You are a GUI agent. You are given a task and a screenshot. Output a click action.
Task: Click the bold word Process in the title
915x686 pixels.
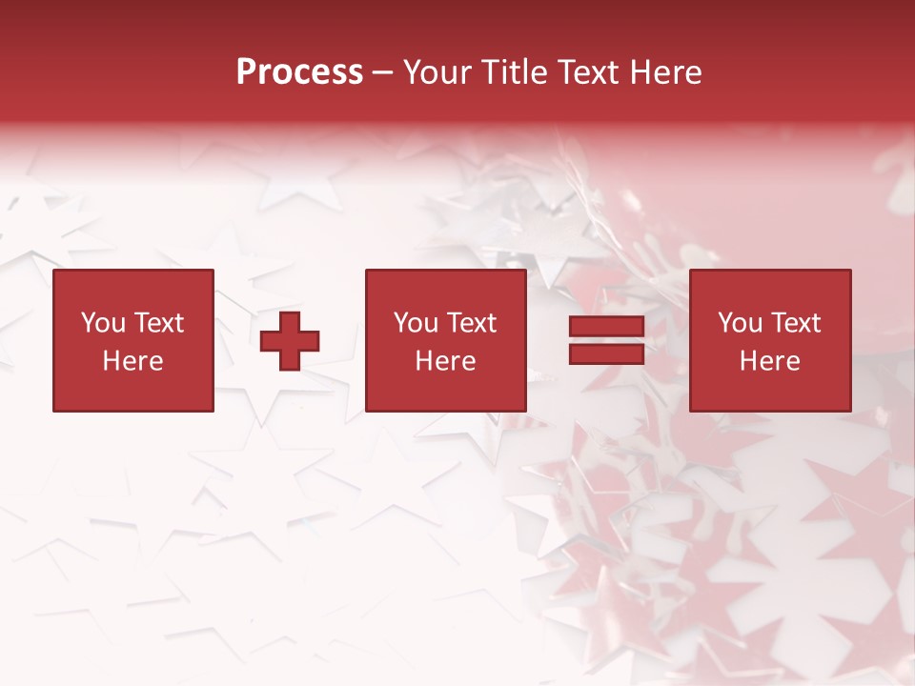coord(299,72)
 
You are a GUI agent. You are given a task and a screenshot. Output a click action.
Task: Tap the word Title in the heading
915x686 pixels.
coord(518,72)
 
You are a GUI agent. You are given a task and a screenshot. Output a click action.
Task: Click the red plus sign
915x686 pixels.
coord(290,341)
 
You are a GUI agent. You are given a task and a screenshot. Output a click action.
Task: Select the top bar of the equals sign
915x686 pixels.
coord(606,327)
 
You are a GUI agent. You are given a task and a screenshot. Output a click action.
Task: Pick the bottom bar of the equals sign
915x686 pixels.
coord(606,353)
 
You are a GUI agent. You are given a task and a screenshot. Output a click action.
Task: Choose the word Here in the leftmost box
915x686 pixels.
coord(132,361)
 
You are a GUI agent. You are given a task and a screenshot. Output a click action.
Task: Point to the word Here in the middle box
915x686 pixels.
coord(445,361)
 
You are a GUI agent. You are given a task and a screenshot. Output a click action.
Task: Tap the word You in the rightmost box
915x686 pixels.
coord(740,323)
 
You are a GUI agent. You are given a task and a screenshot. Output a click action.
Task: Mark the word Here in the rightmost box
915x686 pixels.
coord(769,361)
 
